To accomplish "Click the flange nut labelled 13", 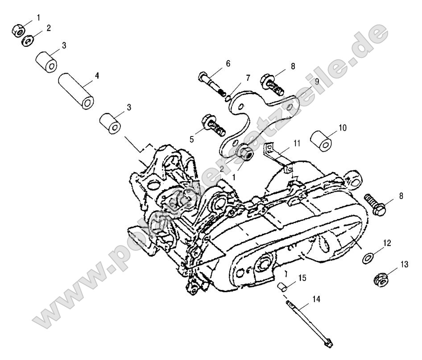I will (381, 280).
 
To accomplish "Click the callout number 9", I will (303, 82).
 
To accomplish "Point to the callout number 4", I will (97, 76).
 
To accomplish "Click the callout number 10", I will (342, 128).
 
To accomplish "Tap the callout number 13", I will (404, 265).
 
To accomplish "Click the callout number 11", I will (297, 143).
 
